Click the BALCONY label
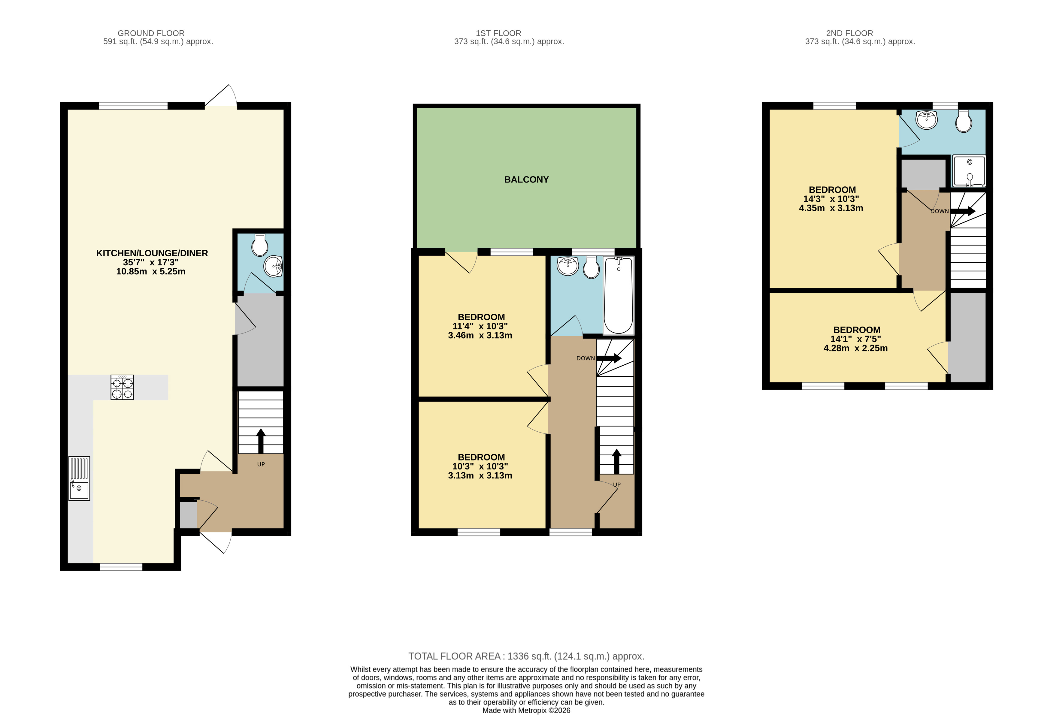[526, 180]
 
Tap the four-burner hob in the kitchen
[122, 387]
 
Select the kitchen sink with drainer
[79, 478]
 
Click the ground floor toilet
[260, 245]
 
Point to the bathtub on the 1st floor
[619, 295]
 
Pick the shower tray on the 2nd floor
[969, 171]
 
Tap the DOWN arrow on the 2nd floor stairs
[962, 211]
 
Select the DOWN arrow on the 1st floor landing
[609, 358]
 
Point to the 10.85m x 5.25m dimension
[151, 271]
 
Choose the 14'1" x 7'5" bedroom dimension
[855, 339]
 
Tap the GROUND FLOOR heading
[151, 33]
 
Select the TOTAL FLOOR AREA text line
[526, 656]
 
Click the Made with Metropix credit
[526, 710]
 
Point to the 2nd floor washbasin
[927, 120]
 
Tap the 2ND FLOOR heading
[849, 33]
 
